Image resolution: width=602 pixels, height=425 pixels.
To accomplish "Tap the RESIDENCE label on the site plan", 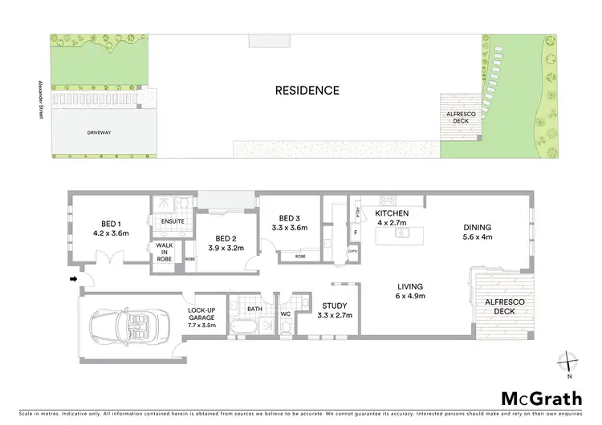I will (x=307, y=91).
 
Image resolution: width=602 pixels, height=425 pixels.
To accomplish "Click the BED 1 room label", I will (x=111, y=225).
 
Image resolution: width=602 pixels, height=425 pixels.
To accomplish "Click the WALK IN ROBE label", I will (x=165, y=253).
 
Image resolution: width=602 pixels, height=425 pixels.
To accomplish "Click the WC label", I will (x=285, y=314).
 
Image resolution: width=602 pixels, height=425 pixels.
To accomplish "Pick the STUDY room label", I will (x=334, y=306).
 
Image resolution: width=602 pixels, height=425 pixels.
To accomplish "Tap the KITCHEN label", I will (x=393, y=212).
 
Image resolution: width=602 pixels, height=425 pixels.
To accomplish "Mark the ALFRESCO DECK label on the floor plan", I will (x=504, y=306).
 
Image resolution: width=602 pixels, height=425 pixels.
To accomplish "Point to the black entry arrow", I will (x=75, y=279).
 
